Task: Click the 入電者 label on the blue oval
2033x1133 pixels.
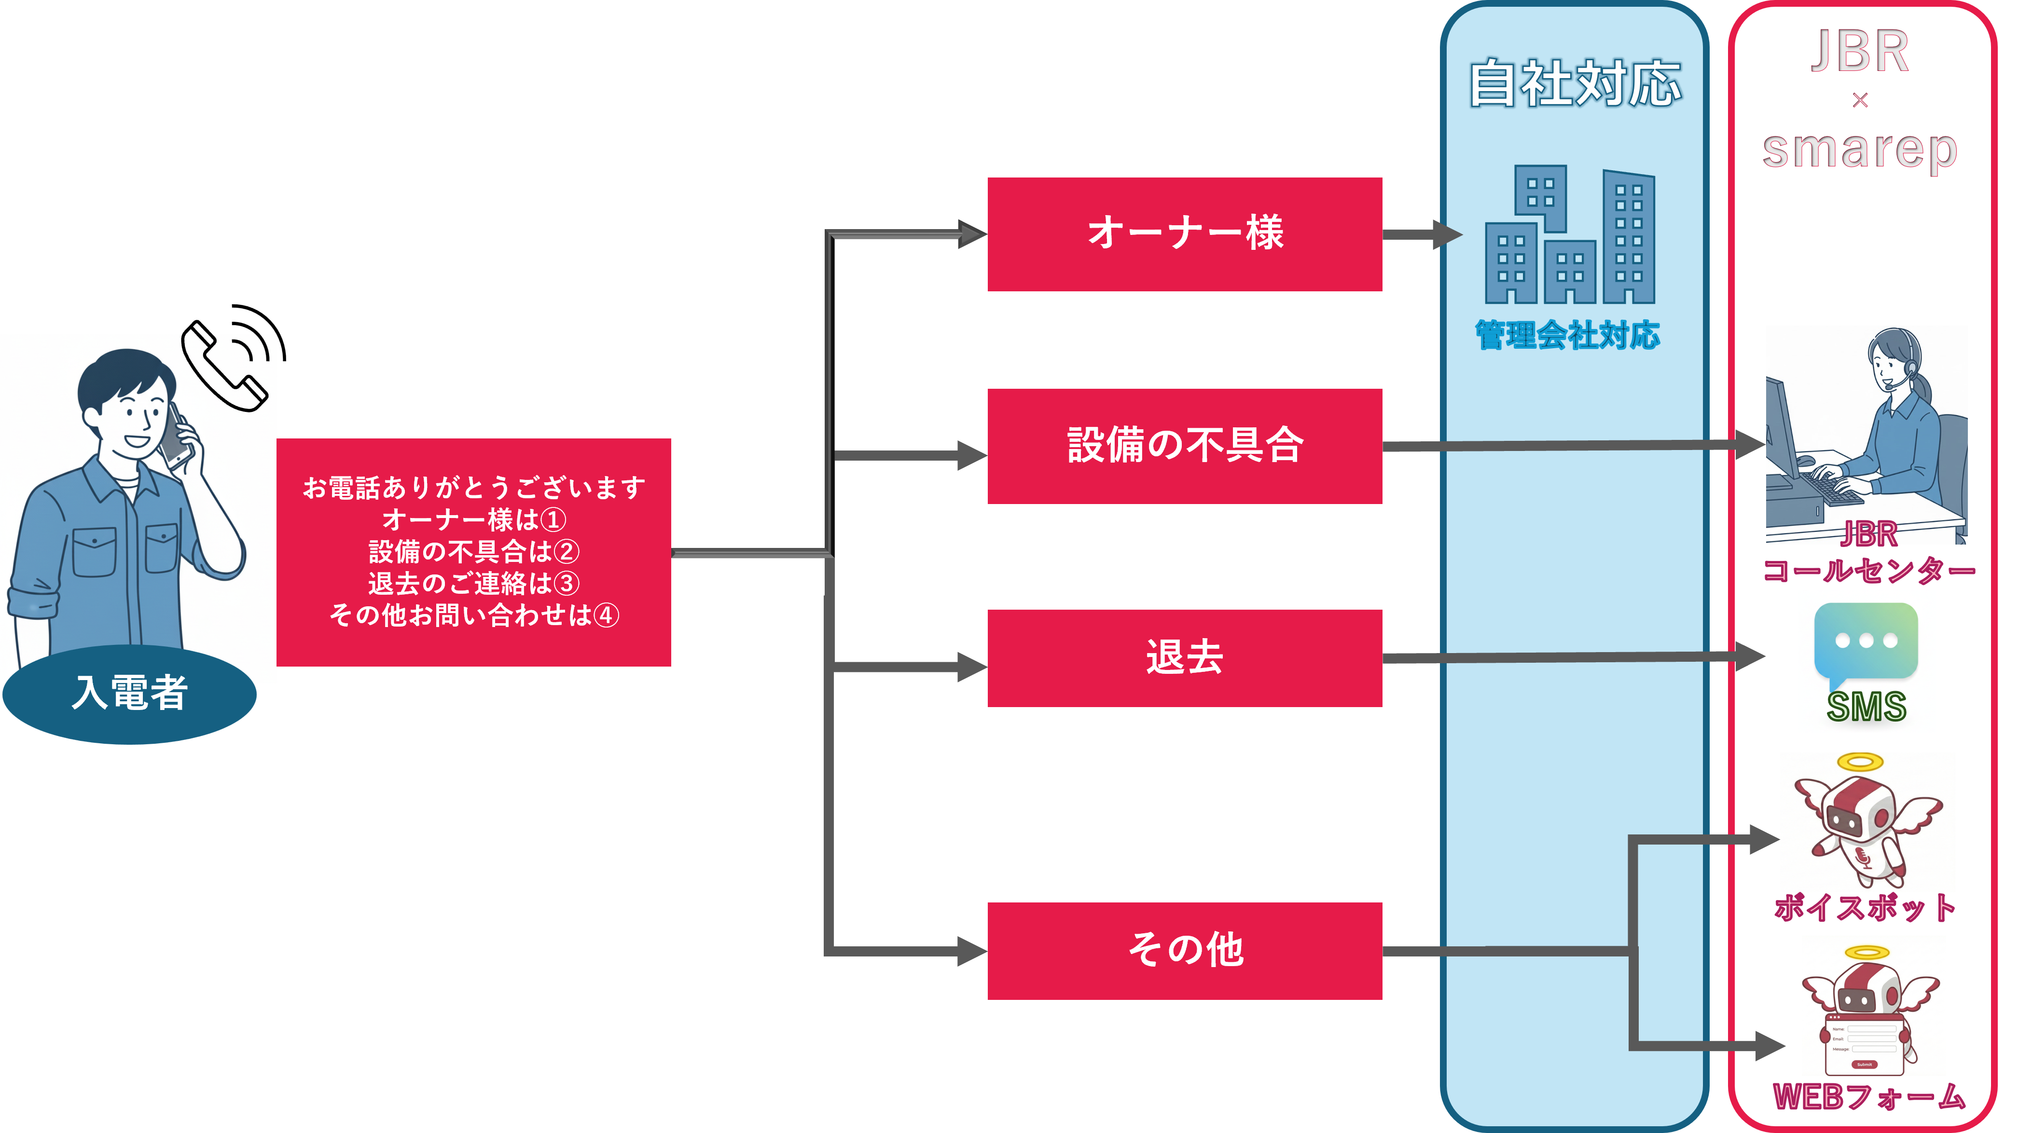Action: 129,693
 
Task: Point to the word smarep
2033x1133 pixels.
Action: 1859,150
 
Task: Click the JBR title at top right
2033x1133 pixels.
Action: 1859,52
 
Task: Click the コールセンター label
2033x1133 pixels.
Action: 1868,570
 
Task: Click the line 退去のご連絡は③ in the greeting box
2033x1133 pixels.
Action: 473,584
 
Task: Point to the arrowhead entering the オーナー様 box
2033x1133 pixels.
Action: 972,234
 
